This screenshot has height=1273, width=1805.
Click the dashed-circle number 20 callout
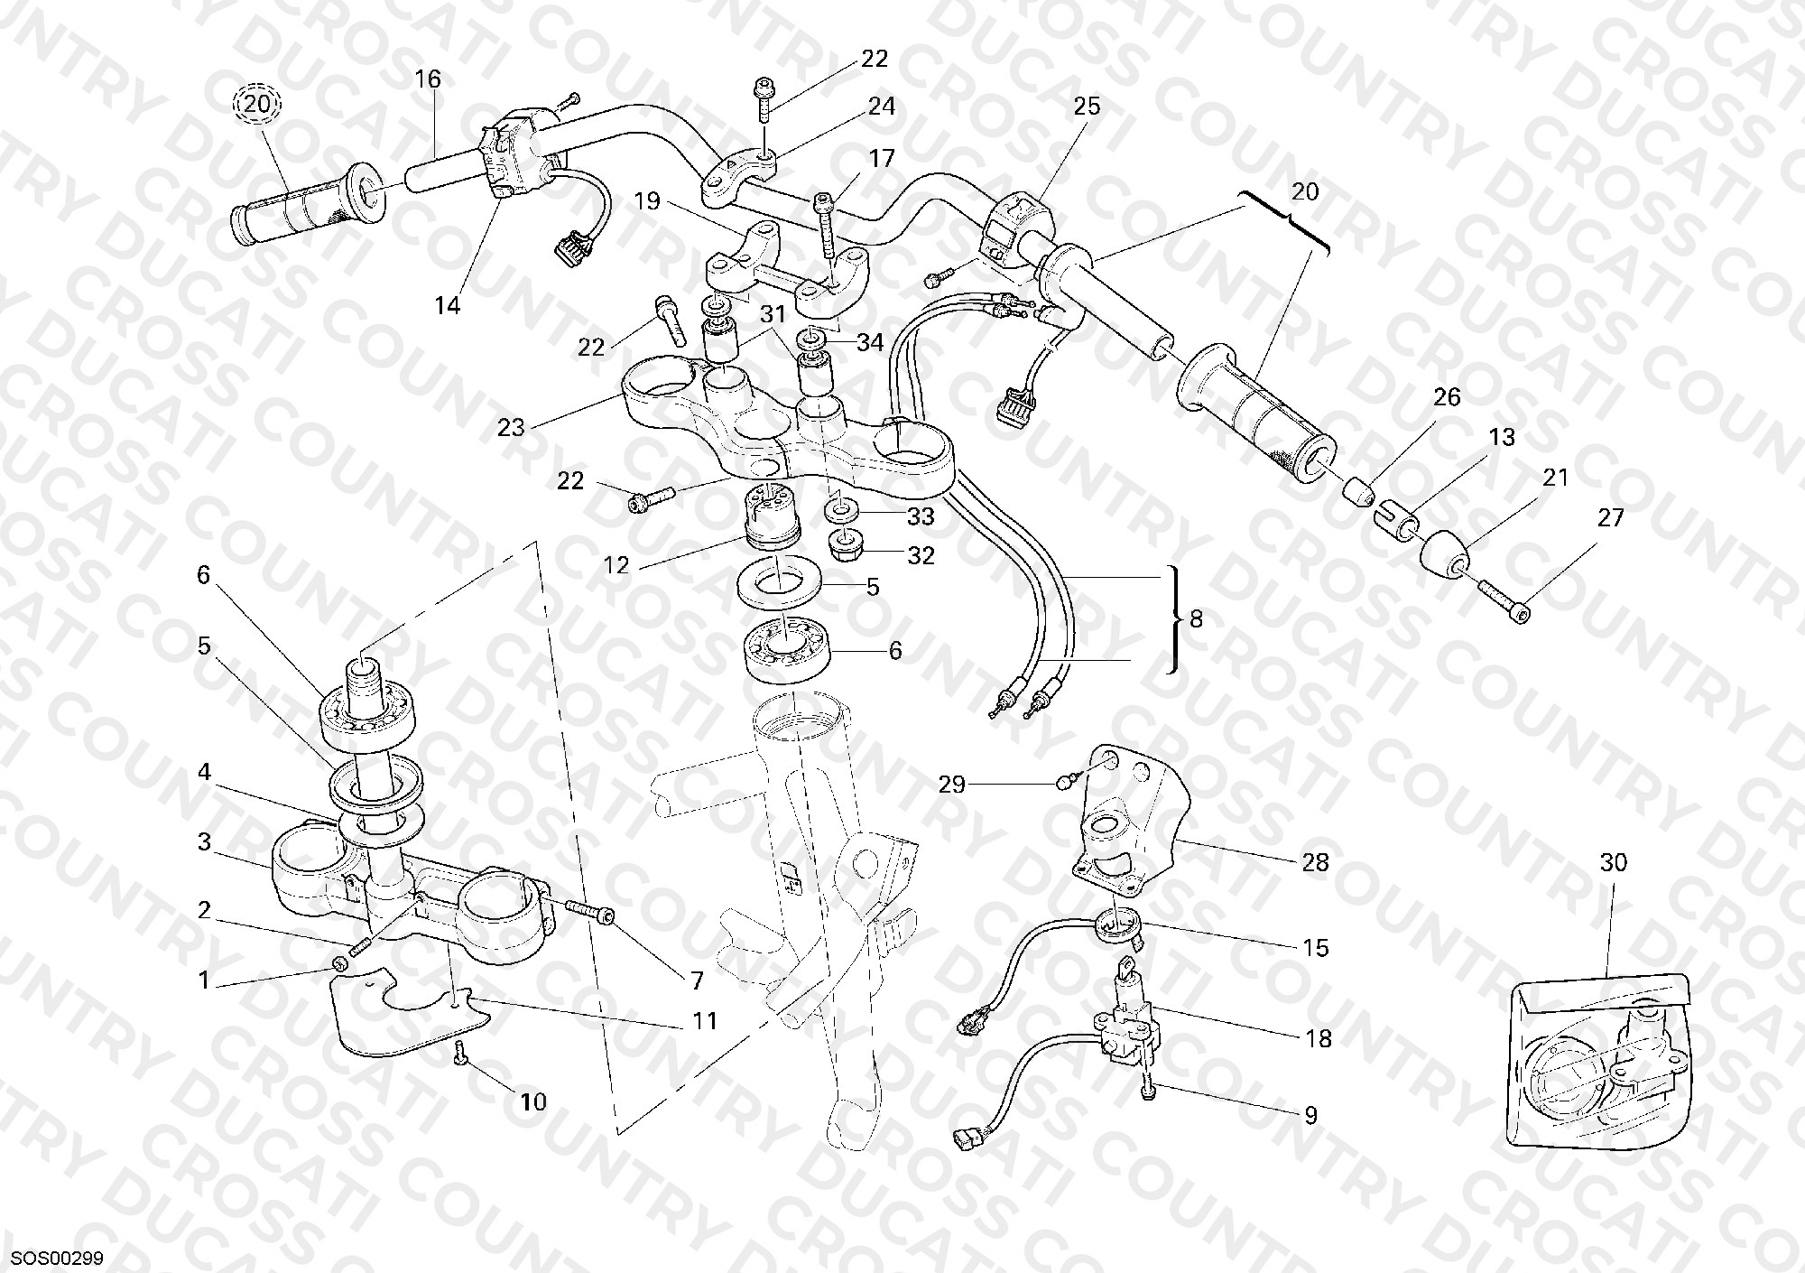[257, 105]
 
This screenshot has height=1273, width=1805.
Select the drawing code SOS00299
[59, 1258]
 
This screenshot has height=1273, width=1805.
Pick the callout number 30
[1613, 862]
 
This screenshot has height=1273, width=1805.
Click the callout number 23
[511, 427]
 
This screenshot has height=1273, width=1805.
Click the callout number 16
[428, 79]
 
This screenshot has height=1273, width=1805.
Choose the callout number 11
[705, 1020]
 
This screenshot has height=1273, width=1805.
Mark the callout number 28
[1315, 862]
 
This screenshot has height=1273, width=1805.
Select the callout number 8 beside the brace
[1196, 619]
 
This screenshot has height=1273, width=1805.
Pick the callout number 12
[616, 566]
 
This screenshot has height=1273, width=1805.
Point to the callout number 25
[1087, 107]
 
